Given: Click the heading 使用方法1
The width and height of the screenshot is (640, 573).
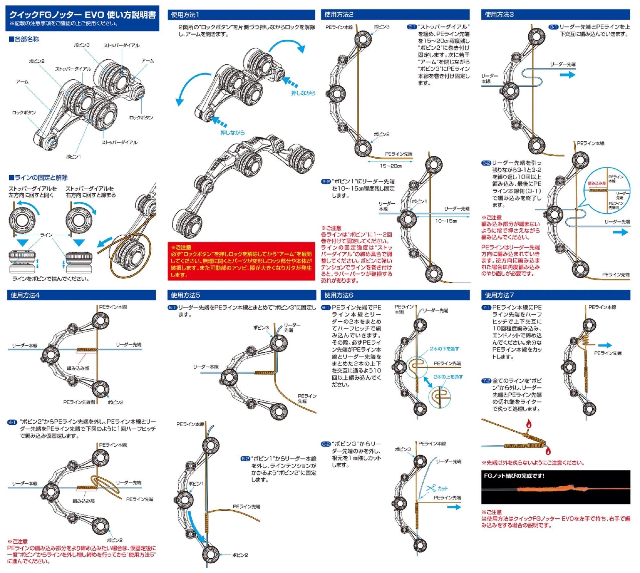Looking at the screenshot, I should coord(185,15).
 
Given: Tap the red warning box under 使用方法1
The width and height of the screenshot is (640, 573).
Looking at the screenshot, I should coord(241,261).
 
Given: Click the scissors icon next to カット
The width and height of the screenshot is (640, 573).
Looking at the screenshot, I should coord(431,488).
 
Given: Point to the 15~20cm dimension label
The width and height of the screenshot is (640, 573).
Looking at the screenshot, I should coord(391,166).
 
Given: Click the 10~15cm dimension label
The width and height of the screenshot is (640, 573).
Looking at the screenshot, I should coord(446,221).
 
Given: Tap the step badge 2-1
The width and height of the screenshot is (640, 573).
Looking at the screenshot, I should coord(412,27).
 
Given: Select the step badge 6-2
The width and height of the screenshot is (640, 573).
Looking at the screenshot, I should coord(326,444).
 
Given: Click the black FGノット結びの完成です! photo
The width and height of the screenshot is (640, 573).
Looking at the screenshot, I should coord(556,487).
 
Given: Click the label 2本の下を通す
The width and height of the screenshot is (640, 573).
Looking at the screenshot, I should coord(444,349).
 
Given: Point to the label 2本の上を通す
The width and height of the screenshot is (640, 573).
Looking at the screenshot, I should coord(448,377).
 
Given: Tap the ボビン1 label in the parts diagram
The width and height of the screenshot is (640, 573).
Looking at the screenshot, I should coord(73,157).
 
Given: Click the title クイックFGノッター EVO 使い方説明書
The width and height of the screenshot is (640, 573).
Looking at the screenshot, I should coord(83,15).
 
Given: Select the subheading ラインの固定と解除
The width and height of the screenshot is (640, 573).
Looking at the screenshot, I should coord(38,177).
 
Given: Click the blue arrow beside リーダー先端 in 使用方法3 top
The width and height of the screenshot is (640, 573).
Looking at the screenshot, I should coord(567,75).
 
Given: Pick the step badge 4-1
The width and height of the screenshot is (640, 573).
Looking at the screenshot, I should coord(12,422).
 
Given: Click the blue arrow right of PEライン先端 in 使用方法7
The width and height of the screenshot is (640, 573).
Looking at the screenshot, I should coord(604,345).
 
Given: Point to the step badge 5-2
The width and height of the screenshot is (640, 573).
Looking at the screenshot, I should coord(245,459).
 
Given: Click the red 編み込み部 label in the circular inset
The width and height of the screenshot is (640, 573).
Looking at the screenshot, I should coord(597,183).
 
